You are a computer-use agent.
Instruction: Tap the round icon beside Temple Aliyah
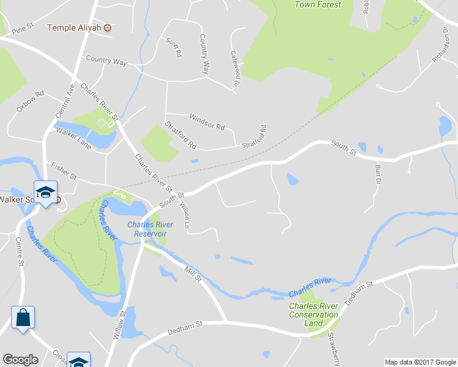pyautogui.click(x=107, y=28)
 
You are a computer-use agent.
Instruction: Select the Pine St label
pyautogui.click(x=21, y=29)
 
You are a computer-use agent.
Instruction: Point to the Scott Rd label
pyautogui.click(x=174, y=47)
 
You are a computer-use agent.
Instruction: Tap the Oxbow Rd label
pyautogui.click(x=31, y=102)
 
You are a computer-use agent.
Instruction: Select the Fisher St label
pyautogui.click(x=64, y=171)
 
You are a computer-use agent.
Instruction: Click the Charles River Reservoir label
pyautogui.click(x=150, y=229)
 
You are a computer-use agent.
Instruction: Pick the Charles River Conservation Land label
pyautogui.click(x=313, y=314)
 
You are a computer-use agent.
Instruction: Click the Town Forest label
pyautogui.click(x=318, y=5)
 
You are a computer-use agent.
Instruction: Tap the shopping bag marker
pyautogui.click(x=23, y=318)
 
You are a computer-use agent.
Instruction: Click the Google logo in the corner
pyautogui.click(x=21, y=360)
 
